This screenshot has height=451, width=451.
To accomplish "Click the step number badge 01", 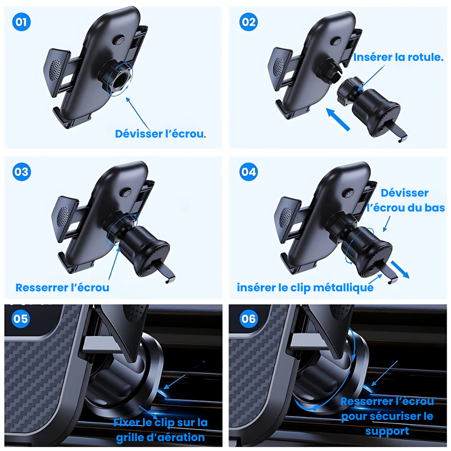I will pyautogui.click(x=22, y=22).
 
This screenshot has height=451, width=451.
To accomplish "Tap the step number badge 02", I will pyautogui.click(x=248, y=22).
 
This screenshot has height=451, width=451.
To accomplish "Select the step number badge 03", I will pyautogui.click(x=22, y=172).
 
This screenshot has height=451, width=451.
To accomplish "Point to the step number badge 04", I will pyautogui.click(x=248, y=172).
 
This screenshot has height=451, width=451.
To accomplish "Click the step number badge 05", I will pyautogui.click(x=21, y=319).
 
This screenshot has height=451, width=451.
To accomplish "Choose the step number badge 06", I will pyautogui.click(x=248, y=319).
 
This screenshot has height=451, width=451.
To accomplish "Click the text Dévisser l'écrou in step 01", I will pyautogui.click(x=159, y=134).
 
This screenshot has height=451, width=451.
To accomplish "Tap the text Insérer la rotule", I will pyautogui.click(x=398, y=58).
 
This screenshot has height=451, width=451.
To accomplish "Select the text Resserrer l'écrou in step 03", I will pyautogui.click(x=62, y=287).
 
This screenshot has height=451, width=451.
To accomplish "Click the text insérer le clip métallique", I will pyautogui.click(x=305, y=287).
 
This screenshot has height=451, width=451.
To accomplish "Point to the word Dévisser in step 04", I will pyautogui.click(x=405, y=193).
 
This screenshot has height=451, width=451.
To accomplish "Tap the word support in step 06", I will pyautogui.click(x=387, y=431).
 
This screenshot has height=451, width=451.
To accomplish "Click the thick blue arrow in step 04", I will pyautogui.click(x=400, y=269).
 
